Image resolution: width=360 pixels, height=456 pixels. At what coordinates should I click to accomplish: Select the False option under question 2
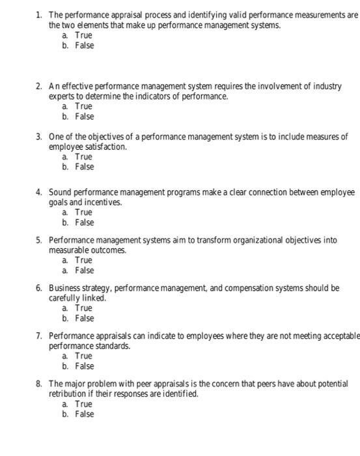(84, 117)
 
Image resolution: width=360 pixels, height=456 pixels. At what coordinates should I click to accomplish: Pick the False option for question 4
(84, 222)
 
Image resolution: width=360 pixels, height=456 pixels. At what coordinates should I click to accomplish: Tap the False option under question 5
(84, 270)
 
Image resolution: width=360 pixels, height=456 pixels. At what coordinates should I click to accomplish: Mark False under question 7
(84, 366)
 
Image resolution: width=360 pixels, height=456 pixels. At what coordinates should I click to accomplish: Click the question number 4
(39, 192)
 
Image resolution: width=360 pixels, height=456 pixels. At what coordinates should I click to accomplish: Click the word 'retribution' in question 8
(70, 394)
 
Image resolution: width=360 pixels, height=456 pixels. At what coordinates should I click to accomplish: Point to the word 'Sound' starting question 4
(60, 192)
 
